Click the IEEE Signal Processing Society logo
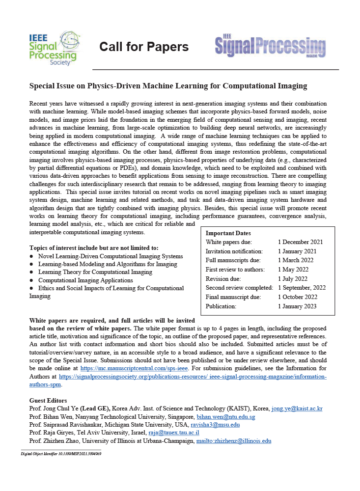[53, 48]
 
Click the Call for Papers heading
[144, 47]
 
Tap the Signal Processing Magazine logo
[270, 47]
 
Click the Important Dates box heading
[228, 233]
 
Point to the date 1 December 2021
[300, 242]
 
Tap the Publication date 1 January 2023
[297, 306]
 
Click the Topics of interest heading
[94, 247]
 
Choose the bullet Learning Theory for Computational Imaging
[95, 272]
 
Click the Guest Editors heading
[48, 401]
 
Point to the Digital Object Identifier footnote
[61, 454]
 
